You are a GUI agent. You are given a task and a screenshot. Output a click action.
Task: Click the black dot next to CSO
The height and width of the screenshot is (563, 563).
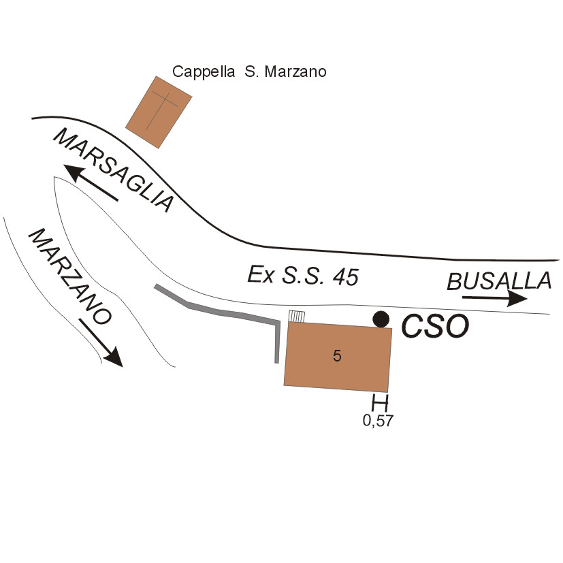pos(382,319)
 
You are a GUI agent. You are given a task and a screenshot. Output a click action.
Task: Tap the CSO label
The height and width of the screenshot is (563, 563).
pos(435,327)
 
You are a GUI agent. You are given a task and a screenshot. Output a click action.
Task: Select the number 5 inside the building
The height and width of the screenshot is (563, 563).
pos(337,355)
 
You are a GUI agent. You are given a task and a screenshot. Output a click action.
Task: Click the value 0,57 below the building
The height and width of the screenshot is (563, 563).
pos(378,421)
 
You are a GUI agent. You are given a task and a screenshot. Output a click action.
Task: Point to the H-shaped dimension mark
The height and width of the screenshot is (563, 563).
pos(379,402)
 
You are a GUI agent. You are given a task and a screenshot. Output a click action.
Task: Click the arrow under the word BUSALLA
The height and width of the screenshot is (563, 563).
pos(494,298)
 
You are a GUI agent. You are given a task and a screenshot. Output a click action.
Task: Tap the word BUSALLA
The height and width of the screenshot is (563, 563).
pos(499,280)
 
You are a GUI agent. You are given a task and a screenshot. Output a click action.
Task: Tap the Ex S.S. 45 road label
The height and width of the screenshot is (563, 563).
pos(302,276)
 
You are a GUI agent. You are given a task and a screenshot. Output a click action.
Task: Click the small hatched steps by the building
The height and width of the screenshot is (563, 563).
pos(296,316)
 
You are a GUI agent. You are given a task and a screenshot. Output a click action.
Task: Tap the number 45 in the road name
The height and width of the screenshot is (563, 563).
pos(342,276)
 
